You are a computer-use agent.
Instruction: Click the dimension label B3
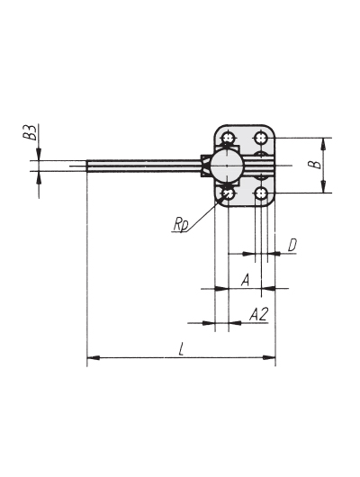click(31, 131)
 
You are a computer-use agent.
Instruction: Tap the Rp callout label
click(181, 224)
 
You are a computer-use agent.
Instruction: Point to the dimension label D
click(292, 245)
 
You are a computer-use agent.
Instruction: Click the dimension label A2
click(258, 315)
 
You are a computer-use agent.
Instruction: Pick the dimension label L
click(182, 348)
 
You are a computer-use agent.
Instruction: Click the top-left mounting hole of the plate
click(228, 139)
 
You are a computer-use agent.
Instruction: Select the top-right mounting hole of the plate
click(261, 139)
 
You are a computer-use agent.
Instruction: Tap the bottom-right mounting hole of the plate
click(261, 193)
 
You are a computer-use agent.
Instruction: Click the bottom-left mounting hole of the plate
click(228, 193)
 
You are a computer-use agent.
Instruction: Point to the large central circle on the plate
click(228, 166)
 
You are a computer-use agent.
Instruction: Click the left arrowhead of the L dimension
click(93, 357)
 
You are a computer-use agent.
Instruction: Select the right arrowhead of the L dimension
click(269, 357)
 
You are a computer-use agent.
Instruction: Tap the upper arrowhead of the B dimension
click(324, 144)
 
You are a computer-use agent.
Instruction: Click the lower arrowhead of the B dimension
click(324, 187)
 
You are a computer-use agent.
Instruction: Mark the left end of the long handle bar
click(86, 166)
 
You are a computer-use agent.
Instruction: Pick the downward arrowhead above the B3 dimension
click(39, 154)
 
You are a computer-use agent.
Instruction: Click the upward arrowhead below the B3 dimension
click(39, 177)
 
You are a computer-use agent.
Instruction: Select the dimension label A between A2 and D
click(246, 280)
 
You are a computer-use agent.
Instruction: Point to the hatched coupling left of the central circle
click(206, 166)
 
